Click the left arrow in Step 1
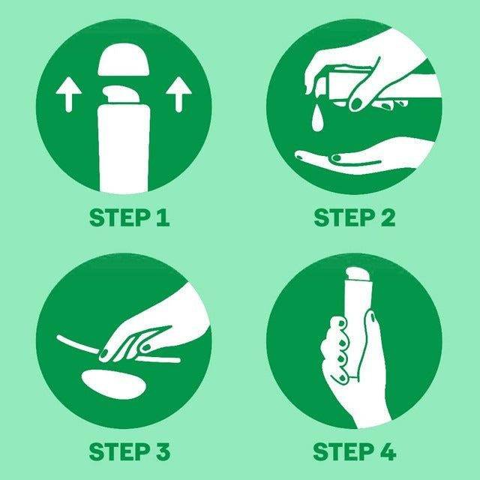click(x=69, y=94)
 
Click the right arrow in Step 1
click(x=178, y=94)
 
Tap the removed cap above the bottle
click(x=124, y=61)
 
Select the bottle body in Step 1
click(x=123, y=148)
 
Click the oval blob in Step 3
click(x=114, y=384)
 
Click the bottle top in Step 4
click(x=358, y=273)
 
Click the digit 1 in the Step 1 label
click(x=162, y=217)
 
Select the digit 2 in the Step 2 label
click(x=387, y=217)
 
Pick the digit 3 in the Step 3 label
click(x=162, y=451)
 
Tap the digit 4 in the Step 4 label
click(x=388, y=451)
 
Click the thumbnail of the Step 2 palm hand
click(x=336, y=158)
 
